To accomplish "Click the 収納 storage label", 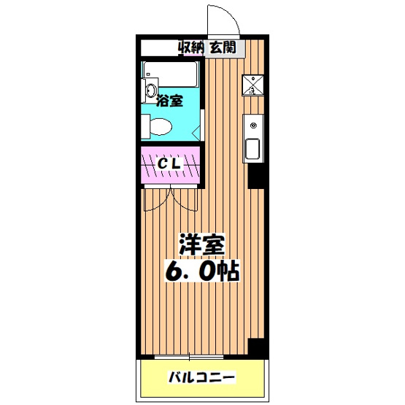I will coord(192,48).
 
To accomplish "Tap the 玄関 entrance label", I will coord(223,48).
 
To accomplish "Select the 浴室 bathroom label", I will coord(169,101).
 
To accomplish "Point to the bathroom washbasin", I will coord(151,92).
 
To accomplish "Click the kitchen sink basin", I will coord(252,150).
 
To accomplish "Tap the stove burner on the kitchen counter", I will coord(253,126).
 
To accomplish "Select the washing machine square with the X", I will coord(252,85).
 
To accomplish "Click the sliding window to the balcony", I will coord(192,357).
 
